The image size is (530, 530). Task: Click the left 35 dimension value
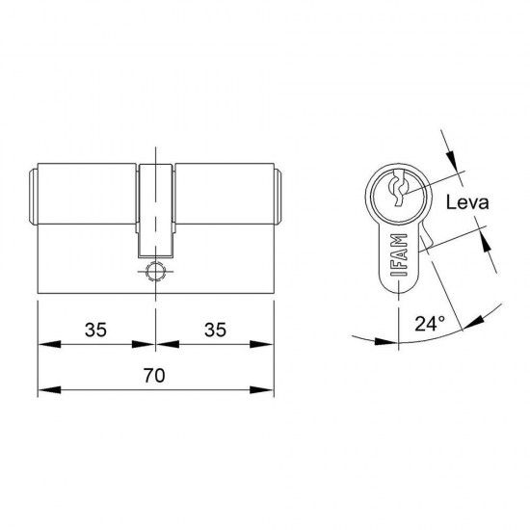(x=94, y=330)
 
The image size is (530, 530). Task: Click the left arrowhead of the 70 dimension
(x=43, y=390)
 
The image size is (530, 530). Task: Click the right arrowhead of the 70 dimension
(x=266, y=390)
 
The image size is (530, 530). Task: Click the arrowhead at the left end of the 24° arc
(x=358, y=338)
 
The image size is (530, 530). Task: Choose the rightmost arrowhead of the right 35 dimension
(x=266, y=343)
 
